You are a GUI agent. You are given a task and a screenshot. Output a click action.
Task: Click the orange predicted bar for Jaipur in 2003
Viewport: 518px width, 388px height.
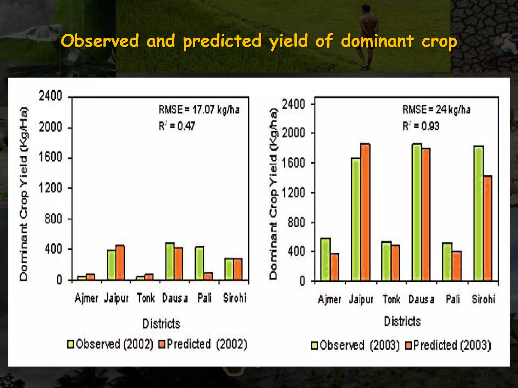click(365, 212)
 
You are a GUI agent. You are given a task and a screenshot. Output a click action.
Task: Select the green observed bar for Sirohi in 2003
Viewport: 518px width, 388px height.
click(479, 213)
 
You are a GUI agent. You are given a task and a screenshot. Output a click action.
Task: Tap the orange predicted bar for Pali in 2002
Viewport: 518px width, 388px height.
click(208, 276)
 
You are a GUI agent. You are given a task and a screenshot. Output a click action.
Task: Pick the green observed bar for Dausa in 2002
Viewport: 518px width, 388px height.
click(170, 261)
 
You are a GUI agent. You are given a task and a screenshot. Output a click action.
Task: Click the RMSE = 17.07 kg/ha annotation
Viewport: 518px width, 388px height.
click(199, 110)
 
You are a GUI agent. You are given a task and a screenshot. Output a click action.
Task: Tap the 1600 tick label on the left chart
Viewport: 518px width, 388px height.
click(50, 157)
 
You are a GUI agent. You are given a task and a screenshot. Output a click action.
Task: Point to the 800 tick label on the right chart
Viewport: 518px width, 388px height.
click(296, 223)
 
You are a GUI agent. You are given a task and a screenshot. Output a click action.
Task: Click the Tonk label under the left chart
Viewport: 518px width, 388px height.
click(146, 298)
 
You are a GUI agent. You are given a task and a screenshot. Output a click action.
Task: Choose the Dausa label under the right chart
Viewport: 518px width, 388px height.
click(421, 300)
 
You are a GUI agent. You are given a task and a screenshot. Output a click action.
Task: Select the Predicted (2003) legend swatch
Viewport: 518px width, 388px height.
click(408, 345)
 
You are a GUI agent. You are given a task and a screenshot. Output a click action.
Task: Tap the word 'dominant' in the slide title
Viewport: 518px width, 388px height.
click(377, 41)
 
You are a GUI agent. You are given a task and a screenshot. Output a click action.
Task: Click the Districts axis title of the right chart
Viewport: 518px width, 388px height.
click(402, 322)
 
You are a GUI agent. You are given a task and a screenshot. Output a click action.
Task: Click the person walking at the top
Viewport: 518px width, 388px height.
click(368, 35)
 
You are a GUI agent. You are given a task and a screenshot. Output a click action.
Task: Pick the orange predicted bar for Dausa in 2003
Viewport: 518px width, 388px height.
click(426, 214)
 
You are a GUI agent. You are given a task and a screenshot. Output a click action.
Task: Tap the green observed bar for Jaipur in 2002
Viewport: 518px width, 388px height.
click(111, 265)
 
